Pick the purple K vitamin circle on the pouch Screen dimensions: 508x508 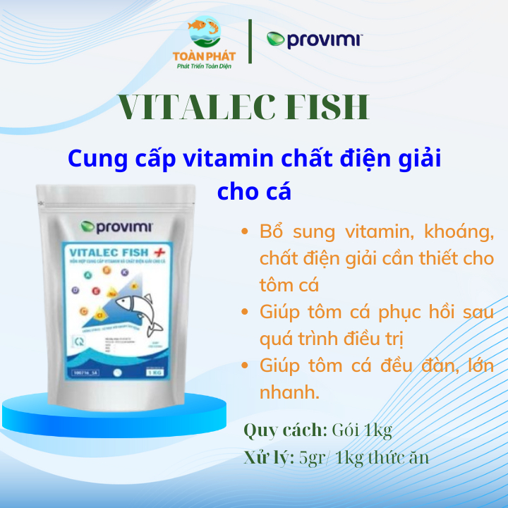click(x=124, y=272)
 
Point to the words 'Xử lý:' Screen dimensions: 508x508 click(x=269, y=457)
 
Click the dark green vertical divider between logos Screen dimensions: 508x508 click(x=251, y=41)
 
